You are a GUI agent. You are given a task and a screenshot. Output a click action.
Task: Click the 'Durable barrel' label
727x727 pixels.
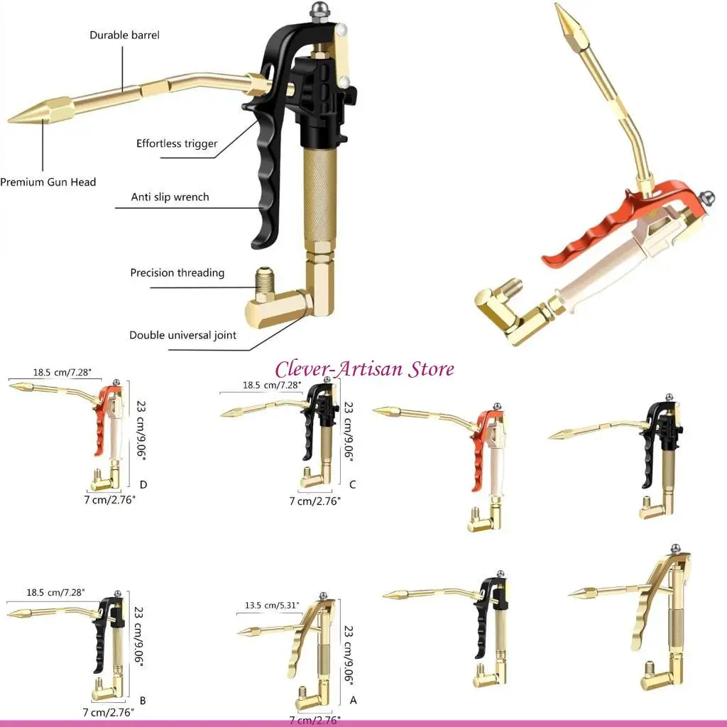tap(124, 35)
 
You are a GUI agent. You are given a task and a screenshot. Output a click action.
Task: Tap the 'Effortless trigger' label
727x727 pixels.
tap(177, 144)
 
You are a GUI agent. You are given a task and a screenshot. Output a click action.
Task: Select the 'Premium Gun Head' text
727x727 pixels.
tap(48, 182)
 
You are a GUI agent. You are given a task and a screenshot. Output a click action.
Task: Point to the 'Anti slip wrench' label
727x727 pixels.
tap(170, 197)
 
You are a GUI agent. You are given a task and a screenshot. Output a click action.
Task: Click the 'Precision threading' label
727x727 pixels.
tap(177, 273)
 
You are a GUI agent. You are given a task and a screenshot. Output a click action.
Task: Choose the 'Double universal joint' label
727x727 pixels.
tap(182, 335)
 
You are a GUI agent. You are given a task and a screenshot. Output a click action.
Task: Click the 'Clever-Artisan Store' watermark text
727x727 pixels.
tap(364, 369)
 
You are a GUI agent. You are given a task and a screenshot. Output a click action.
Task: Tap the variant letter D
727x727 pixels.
tap(143, 485)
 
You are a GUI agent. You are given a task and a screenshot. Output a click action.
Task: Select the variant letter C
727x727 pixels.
tap(352, 485)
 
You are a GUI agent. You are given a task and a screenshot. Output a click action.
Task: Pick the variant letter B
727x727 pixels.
tap(143, 700)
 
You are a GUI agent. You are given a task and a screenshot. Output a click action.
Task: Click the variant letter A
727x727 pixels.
tap(353, 700)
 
